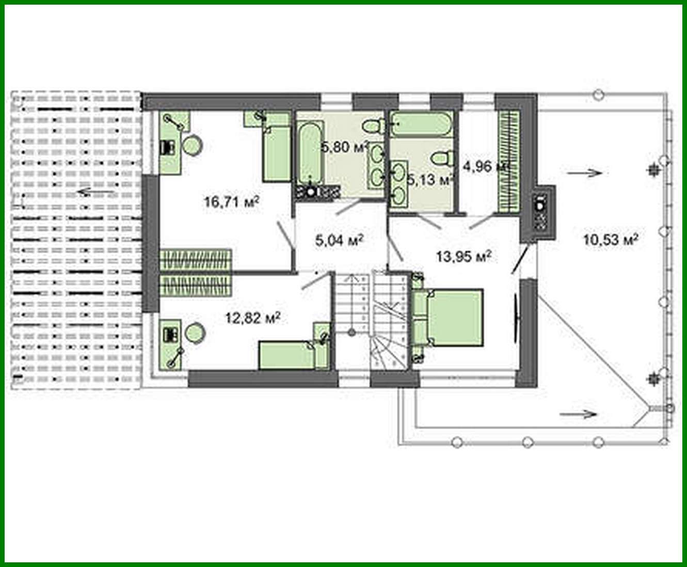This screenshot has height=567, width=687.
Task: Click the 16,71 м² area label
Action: click(231, 201)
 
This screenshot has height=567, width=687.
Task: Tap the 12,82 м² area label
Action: click(253, 317)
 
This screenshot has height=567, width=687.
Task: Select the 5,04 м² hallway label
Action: click(339, 240)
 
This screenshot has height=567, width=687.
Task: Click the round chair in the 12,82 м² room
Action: click(195, 332)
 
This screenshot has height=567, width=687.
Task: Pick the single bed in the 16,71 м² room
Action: click(276, 152)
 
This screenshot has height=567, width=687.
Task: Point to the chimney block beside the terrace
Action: click(540, 212)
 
